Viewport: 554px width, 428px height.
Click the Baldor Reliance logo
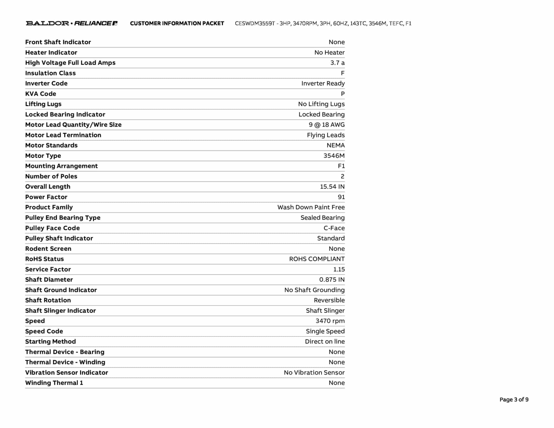pos(71,23)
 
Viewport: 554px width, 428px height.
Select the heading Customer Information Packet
pos(177,23)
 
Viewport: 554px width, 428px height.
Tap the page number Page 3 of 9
pos(514,399)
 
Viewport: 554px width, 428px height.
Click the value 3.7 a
pos(337,63)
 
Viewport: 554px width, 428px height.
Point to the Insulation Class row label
pos(50,73)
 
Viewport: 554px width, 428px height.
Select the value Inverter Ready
pos(323,83)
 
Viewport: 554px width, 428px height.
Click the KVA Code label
pos(41,94)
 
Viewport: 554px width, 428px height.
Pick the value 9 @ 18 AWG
pos(327,125)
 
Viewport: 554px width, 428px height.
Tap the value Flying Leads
pos(326,135)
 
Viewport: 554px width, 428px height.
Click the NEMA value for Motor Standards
pos(335,145)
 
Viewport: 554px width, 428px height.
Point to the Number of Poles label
pos(51,176)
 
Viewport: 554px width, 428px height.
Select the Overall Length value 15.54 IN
pos(332,187)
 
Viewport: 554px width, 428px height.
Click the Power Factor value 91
pos(341,197)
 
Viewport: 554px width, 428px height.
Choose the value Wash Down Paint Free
pos(311,207)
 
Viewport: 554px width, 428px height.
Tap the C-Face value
pos(334,228)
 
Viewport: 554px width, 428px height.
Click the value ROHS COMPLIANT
pos(317,259)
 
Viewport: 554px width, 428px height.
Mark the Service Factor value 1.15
pos(339,269)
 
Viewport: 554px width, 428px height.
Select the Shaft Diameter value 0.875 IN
pos(332,279)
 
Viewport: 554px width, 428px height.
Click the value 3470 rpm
pos(330,321)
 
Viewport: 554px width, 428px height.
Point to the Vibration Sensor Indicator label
pos(67,373)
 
